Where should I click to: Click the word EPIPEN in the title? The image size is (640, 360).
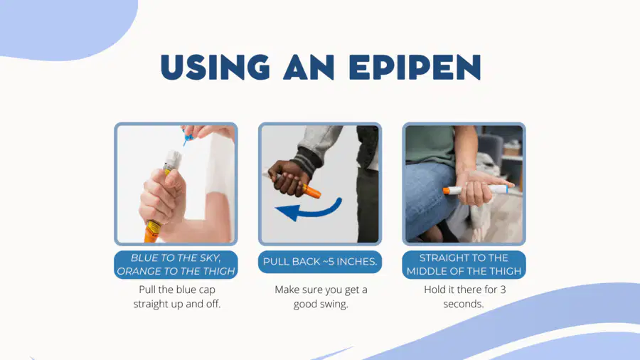415,67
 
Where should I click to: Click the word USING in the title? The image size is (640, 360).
215,67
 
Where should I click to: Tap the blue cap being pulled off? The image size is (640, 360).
188,137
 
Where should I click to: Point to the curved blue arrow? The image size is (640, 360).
309,209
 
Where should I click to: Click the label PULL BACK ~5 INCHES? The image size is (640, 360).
320,262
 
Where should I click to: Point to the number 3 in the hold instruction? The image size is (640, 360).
503,290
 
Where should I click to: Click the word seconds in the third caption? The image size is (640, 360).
463,304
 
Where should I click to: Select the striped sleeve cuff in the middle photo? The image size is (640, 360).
305,162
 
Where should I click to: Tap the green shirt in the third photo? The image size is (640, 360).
432,146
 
